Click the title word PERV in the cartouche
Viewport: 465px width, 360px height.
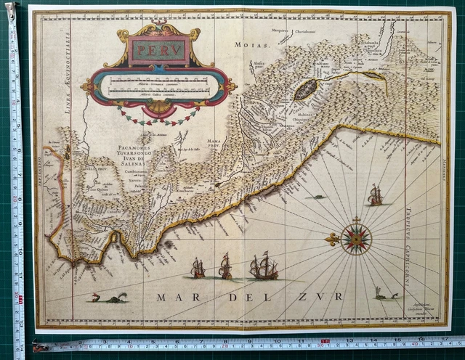click(158, 52)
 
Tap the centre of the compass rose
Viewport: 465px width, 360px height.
click(356, 238)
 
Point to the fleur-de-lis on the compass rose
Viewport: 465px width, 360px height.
click(333, 239)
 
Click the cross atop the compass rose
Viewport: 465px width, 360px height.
click(356, 219)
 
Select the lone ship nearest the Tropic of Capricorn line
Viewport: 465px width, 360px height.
click(375, 195)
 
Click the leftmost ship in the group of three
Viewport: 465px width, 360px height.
click(198, 269)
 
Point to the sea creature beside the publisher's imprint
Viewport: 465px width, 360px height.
click(384, 293)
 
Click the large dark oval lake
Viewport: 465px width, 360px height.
click(307, 90)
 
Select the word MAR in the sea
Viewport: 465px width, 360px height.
click(174, 297)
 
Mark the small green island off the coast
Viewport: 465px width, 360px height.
click(316, 196)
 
